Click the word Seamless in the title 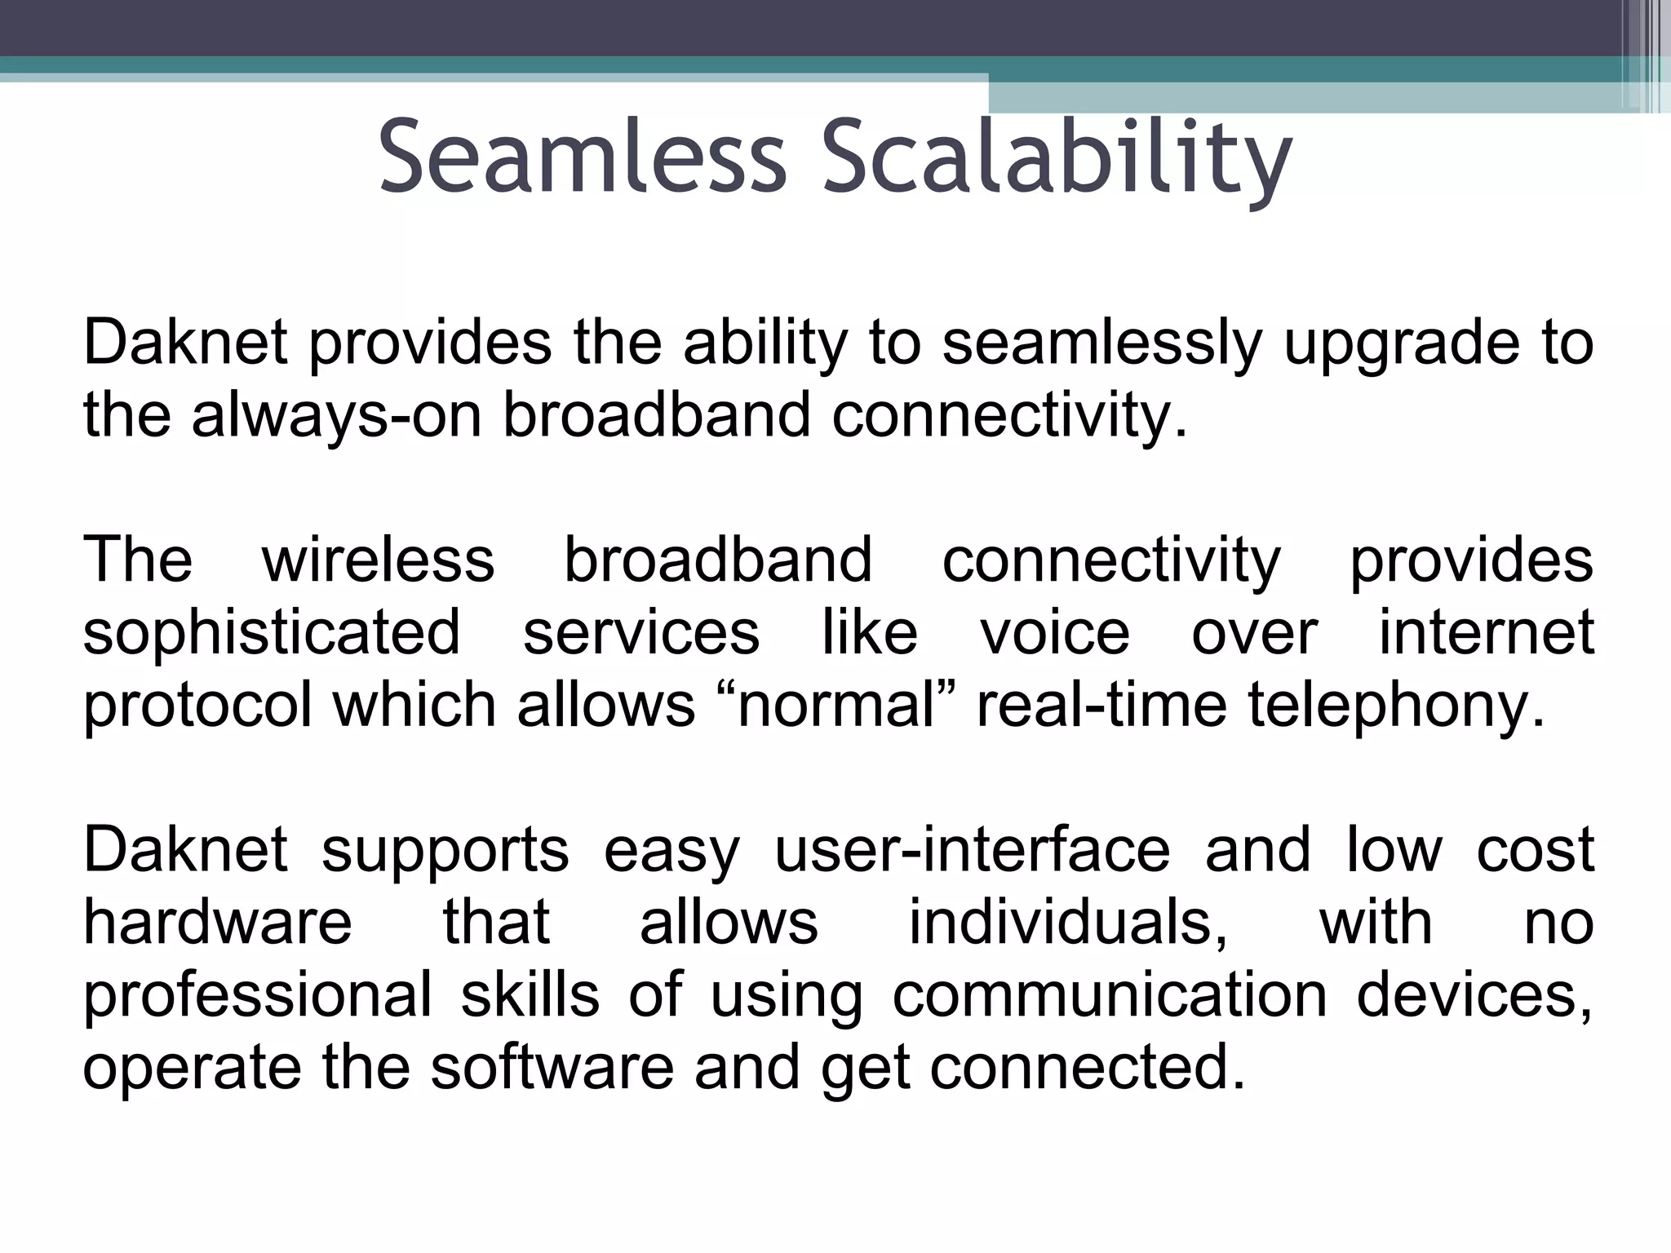(582, 157)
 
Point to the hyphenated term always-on (335, 415)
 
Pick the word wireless (378, 560)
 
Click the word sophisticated (272, 632)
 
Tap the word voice (1055, 632)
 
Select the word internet (1486, 632)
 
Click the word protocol (197, 706)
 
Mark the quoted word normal (840, 706)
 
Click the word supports (445, 851)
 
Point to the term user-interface (972, 851)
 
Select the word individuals (1068, 923)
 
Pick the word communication (1109, 994)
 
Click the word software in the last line (552, 1068)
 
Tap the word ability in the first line (765, 343)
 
